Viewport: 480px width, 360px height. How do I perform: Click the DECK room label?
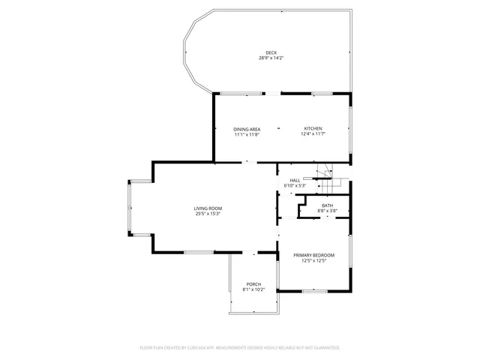(271, 52)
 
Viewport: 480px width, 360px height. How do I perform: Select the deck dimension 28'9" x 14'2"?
(271, 58)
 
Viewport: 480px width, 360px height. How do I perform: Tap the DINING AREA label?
(247, 129)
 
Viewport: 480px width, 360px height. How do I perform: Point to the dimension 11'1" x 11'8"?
(247, 134)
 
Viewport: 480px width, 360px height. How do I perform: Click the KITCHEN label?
(313, 129)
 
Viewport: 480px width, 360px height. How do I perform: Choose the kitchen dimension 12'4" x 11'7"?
(313, 134)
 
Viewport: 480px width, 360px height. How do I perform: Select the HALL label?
(295, 180)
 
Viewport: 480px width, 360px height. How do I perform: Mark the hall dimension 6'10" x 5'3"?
(295, 185)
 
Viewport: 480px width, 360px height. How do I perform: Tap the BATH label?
(328, 205)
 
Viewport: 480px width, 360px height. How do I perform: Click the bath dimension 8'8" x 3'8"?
(328, 211)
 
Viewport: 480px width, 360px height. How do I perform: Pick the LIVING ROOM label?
(208, 208)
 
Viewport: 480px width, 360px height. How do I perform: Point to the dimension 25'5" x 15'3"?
(208, 214)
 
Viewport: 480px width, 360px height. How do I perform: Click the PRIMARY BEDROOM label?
(313, 255)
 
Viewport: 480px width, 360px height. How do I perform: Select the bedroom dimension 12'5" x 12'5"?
(313, 260)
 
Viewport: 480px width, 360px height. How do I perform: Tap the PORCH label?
(253, 284)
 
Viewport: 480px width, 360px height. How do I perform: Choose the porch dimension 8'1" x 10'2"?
(253, 289)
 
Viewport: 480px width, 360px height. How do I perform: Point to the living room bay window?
(131, 208)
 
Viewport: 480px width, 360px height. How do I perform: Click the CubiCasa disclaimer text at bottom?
(240, 348)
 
